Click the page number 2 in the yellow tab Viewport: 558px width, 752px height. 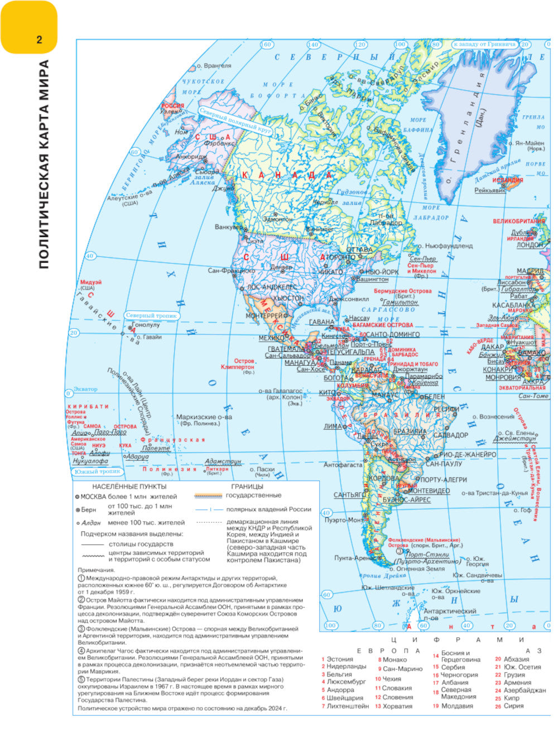coord(39,40)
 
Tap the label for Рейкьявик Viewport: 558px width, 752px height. coord(490,190)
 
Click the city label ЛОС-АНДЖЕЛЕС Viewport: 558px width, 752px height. coord(272,287)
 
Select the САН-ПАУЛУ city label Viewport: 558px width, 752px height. coord(444,463)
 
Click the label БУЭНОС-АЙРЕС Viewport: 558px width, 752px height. coord(407,500)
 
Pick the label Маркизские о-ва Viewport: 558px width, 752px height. coord(204,416)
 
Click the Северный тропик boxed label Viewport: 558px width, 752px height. coord(151,316)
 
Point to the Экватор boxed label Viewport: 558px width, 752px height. coord(85,389)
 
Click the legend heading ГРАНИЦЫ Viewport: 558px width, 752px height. coord(247,486)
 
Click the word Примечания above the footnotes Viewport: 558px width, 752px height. coord(96,570)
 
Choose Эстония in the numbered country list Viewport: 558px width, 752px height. coord(339,659)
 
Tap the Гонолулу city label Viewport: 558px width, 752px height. coord(146,324)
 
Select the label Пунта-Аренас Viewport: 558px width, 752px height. coord(354,557)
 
